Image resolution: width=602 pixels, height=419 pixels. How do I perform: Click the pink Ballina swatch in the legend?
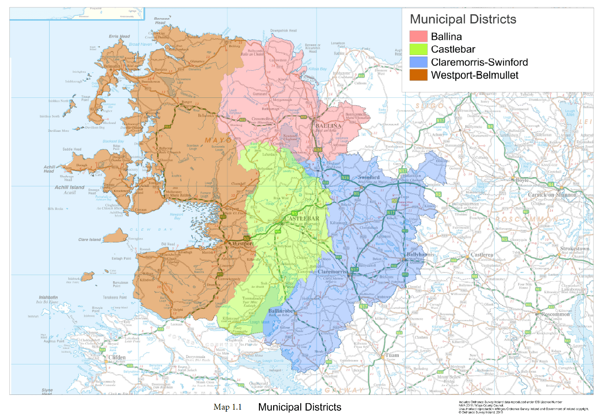tap(419, 36)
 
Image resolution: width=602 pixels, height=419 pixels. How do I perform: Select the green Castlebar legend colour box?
tap(419, 49)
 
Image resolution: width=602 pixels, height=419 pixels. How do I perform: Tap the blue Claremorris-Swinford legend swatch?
tap(419, 62)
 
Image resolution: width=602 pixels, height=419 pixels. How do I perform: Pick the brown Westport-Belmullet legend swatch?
tap(419, 75)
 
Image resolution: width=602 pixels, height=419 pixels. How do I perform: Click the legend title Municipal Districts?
tap(463, 19)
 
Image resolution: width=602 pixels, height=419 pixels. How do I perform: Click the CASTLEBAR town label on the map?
tap(299, 218)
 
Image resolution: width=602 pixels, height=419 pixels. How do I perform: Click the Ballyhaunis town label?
tap(418, 255)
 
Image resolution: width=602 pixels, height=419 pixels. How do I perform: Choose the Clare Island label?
tap(89, 239)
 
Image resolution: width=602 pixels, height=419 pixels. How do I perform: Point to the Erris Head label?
tap(120, 36)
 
